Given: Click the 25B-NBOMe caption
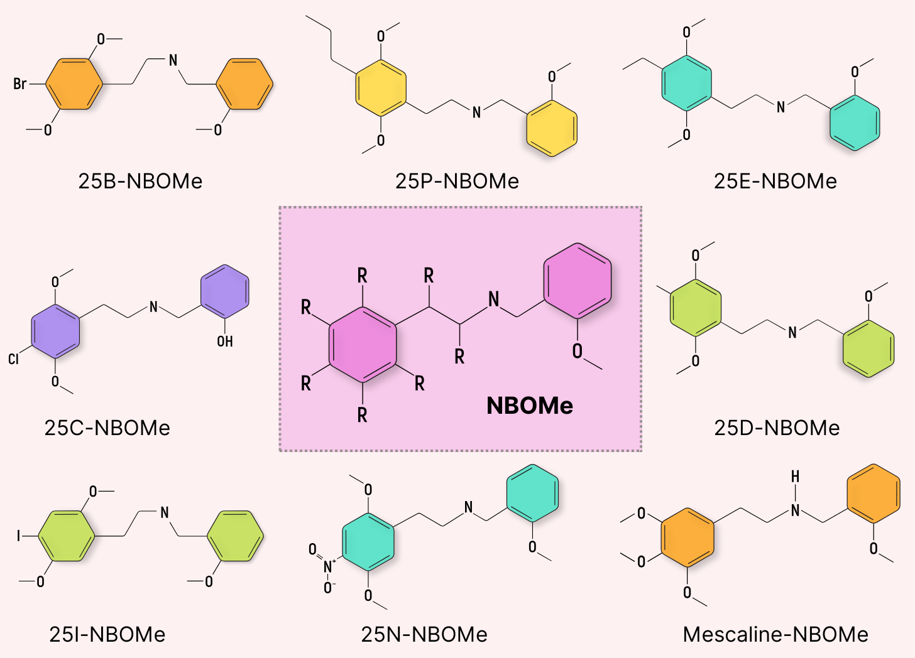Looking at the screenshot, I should click(140, 181).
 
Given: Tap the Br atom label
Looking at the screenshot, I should click(20, 84).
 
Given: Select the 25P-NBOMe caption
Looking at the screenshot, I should click(457, 181).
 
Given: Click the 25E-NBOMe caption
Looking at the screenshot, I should click(775, 181).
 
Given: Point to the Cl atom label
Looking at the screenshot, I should click(14, 359).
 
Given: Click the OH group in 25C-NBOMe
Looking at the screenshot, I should click(225, 341).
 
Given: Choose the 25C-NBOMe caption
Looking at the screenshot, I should click(107, 428).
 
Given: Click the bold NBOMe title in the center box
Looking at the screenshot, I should click(530, 406).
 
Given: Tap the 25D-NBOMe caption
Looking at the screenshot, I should click(777, 428).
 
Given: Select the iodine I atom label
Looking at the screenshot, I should click(19, 536).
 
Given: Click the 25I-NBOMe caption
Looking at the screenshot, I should click(107, 634).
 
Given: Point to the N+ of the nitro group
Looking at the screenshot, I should click(328, 567).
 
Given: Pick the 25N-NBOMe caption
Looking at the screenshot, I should click(424, 634).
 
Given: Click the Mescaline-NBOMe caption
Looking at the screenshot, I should click(775, 634).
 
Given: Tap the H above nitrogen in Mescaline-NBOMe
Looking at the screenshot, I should click(796, 477).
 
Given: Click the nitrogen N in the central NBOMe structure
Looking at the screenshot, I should click(494, 299).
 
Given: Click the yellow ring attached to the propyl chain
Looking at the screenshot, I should click(381, 88).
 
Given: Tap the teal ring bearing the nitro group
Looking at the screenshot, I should click(368, 542).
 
